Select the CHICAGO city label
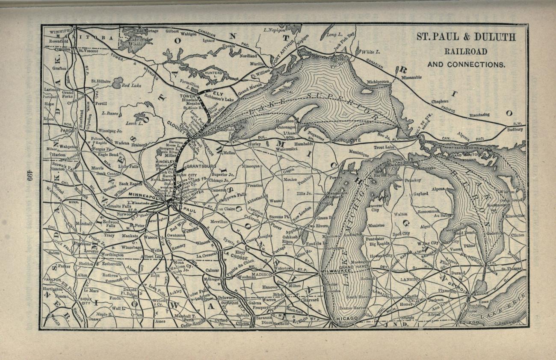[x=344, y=319]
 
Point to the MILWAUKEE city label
[x=336, y=271]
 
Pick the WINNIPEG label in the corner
[x=60, y=32]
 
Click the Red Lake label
[x=131, y=86]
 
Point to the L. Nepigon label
[x=274, y=30]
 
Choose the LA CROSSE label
[x=235, y=253]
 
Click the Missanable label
[x=411, y=77]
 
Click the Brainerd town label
[x=139, y=145]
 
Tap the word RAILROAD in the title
[x=466, y=51]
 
